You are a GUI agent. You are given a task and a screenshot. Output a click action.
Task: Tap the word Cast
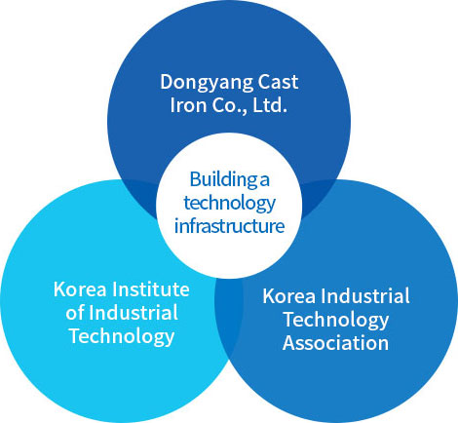(x=278, y=82)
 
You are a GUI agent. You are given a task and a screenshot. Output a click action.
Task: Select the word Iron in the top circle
(x=183, y=105)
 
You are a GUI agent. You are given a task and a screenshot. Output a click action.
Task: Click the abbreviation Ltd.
(x=270, y=105)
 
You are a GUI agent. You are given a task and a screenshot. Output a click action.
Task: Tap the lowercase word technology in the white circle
(x=229, y=204)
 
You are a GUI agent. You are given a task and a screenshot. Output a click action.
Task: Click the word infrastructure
(x=229, y=226)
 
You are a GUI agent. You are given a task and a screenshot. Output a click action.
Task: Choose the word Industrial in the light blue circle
(x=134, y=313)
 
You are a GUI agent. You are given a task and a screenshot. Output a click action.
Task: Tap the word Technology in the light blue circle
(x=122, y=336)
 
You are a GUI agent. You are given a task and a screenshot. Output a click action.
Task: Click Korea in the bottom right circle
(x=288, y=296)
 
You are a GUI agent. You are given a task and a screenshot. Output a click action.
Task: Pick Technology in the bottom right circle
(x=336, y=321)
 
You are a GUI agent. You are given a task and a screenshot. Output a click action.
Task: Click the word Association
(x=335, y=343)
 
